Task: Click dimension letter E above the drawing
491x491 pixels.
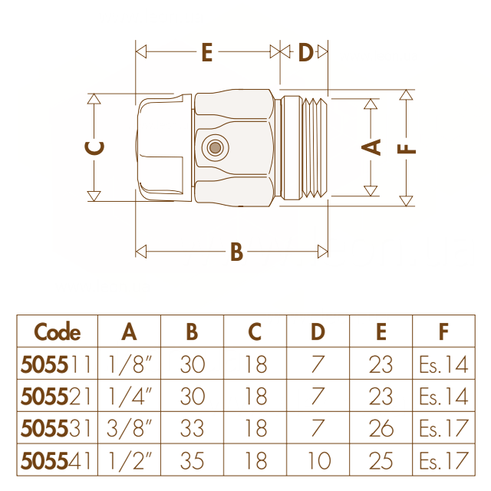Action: (x=207, y=52)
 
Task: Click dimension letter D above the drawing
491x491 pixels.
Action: (x=305, y=52)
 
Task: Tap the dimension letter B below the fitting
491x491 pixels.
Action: (x=237, y=252)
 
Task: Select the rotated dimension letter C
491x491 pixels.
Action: (x=94, y=148)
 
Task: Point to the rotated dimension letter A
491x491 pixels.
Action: (x=371, y=147)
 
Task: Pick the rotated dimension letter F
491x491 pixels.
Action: (x=407, y=148)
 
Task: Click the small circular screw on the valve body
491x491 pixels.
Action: (x=215, y=147)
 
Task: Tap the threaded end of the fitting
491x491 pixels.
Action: (x=315, y=148)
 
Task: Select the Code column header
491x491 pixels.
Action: (x=58, y=331)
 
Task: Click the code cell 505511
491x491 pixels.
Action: (x=56, y=364)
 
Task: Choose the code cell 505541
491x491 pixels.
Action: (x=56, y=460)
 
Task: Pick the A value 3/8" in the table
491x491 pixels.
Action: (x=129, y=428)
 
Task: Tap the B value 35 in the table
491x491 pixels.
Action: (x=193, y=460)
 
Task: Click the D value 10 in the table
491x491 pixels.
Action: (x=319, y=460)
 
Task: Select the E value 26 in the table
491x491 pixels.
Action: (x=381, y=428)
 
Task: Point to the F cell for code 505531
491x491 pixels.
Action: (x=443, y=428)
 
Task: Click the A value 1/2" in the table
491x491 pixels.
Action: (x=130, y=460)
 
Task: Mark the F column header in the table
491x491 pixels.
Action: (x=443, y=331)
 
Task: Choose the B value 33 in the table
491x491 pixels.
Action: (x=193, y=428)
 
